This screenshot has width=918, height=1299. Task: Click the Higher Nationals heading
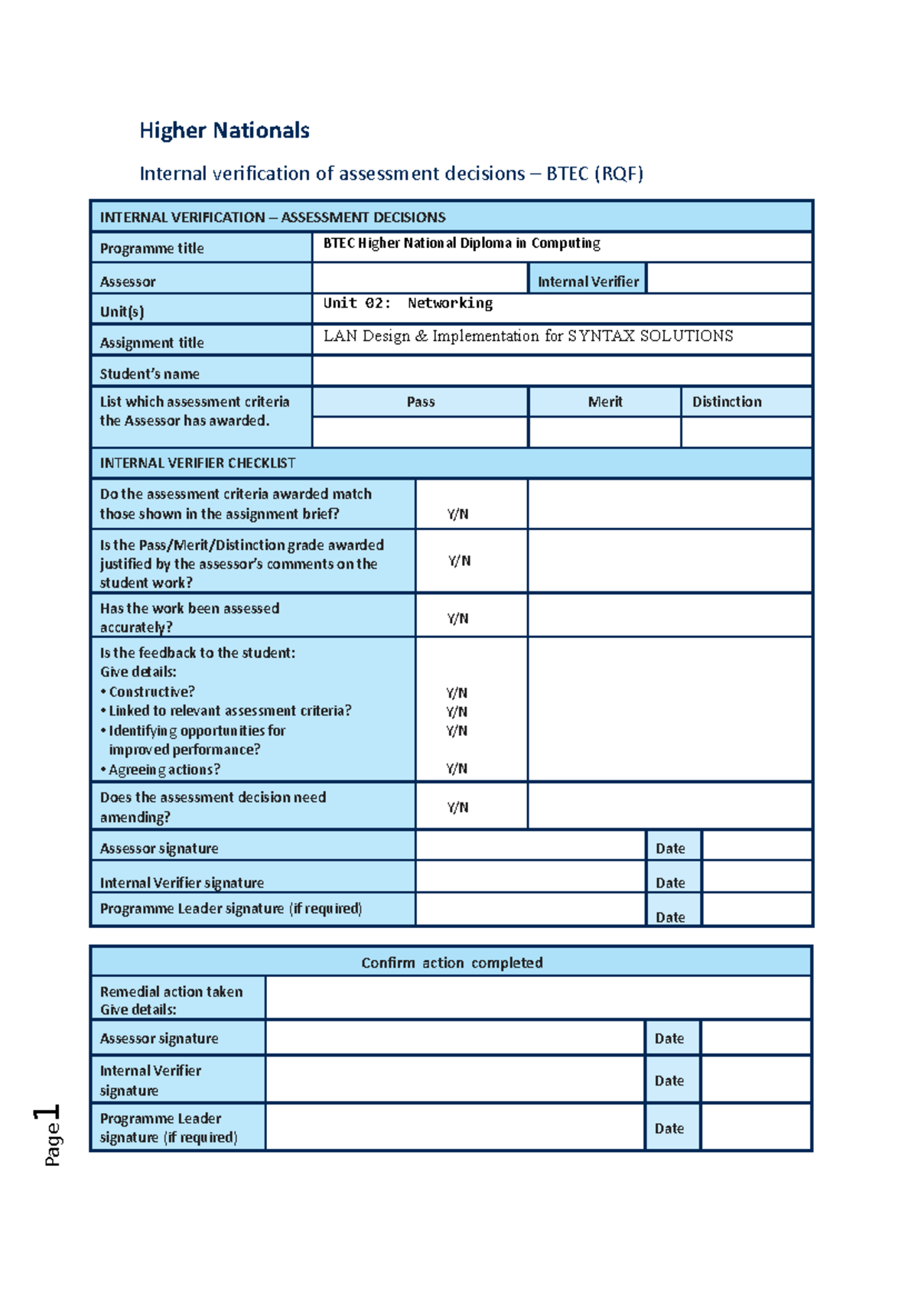224,131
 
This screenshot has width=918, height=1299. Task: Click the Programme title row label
151,249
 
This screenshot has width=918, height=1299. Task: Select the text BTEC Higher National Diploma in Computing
461,243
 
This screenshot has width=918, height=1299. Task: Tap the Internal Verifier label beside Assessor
588,282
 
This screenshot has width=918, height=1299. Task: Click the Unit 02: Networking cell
408,303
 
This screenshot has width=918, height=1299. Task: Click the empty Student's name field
562,372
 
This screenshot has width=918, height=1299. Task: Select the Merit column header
604,402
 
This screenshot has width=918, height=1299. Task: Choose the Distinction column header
727,402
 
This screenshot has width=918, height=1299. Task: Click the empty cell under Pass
420,432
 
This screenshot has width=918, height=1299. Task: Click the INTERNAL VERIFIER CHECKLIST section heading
197,463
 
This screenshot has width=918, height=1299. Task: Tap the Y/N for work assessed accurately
457,618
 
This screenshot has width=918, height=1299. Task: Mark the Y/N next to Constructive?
457,692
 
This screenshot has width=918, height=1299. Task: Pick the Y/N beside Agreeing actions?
457,768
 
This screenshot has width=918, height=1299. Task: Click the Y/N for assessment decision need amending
457,807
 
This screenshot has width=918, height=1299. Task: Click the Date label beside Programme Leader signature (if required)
670,916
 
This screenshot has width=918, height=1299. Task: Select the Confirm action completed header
451,962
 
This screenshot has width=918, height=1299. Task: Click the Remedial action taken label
171,991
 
